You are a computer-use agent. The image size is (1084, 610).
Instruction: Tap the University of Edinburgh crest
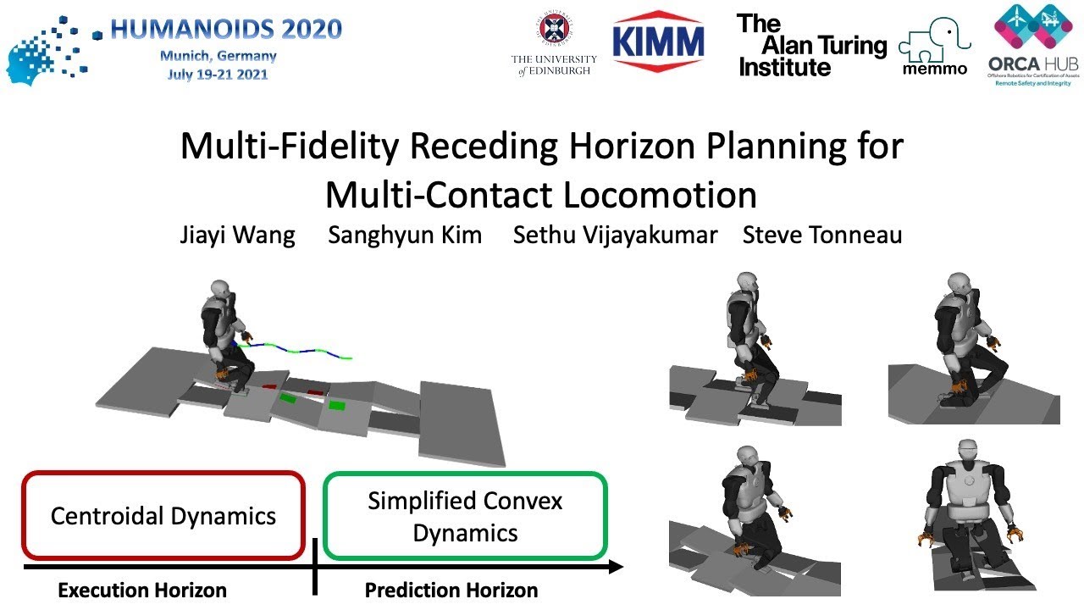(x=554, y=29)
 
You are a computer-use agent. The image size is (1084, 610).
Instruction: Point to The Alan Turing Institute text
(x=811, y=46)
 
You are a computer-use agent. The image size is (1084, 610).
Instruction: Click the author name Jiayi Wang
(x=237, y=235)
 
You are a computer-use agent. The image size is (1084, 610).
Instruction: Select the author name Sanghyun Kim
(x=405, y=235)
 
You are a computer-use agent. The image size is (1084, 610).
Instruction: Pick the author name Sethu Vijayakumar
(x=615, y=235)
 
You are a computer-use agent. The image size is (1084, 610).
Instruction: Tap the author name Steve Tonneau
(x=821, y=235)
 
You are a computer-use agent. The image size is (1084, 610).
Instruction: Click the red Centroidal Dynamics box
(x=163, y=516)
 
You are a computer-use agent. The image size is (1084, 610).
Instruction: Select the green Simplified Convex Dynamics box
(x=465, y=516)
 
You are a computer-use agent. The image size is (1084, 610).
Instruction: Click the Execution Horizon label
(x=142, y=591)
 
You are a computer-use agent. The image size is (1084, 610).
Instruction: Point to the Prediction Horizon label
(x=451, y=591)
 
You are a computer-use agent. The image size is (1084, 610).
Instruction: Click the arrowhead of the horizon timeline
(x=617, y=566)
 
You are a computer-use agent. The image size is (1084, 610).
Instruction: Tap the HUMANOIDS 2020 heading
(x=226, y=30)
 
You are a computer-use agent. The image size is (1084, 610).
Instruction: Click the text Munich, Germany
(x=218, y=56)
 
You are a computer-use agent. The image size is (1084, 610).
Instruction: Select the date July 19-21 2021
(x=218, y=74)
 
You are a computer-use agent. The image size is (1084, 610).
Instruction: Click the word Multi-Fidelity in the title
(x=290, y=147)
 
